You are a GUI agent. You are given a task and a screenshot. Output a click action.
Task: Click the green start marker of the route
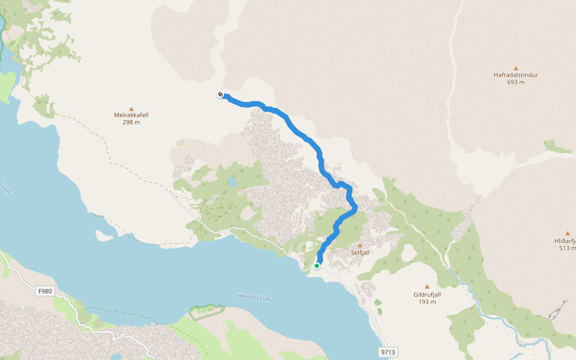[317, 265]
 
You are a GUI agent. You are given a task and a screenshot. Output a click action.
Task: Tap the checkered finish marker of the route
[221, 94]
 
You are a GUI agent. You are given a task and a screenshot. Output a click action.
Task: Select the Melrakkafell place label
[131, 115]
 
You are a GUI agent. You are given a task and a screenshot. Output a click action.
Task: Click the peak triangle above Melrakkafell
[131, 109]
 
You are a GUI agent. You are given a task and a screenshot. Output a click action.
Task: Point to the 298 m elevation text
[131, 122]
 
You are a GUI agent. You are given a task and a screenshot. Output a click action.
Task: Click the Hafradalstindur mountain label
[515, 75]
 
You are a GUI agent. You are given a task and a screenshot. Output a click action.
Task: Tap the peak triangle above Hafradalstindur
[515, 68]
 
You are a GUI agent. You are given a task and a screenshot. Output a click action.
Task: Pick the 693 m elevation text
[515, 82]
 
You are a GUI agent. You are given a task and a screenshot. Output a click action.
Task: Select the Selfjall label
[360, 253]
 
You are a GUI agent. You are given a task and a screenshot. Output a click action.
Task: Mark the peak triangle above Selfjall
[360, 245]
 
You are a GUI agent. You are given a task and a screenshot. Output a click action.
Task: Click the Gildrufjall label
[427, 295]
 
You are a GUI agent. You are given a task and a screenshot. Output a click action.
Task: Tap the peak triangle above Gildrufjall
[427, 287]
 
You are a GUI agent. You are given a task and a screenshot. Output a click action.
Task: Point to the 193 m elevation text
[427, 302]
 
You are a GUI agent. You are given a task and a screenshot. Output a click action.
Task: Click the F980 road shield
[45, 292]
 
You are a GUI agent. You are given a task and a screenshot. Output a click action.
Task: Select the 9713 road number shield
[389, 352]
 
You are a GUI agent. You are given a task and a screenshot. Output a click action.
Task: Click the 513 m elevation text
[567, 248]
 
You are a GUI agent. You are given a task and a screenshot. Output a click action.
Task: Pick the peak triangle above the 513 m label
[567, 233]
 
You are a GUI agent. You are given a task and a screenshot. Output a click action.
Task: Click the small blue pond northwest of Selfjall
[232, 181]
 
